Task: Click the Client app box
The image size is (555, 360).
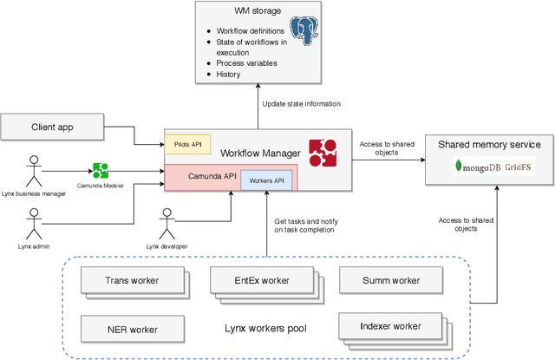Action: [x=55, y=128]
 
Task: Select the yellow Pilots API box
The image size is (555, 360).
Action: [x=188, y=145]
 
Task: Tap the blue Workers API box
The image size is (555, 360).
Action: [x=265, y=180]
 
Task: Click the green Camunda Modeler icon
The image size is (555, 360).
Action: [x=101, y=168]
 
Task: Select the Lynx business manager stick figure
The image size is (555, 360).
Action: [x=35, y=164]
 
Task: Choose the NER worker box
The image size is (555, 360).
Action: [x=132, y=329]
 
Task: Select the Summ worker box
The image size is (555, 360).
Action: [x=389, y=281]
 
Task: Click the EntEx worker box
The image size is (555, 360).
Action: [x=260, y=280]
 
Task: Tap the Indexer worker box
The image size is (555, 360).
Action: [x=389, y=326]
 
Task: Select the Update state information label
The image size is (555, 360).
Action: [x=302, y=104]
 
